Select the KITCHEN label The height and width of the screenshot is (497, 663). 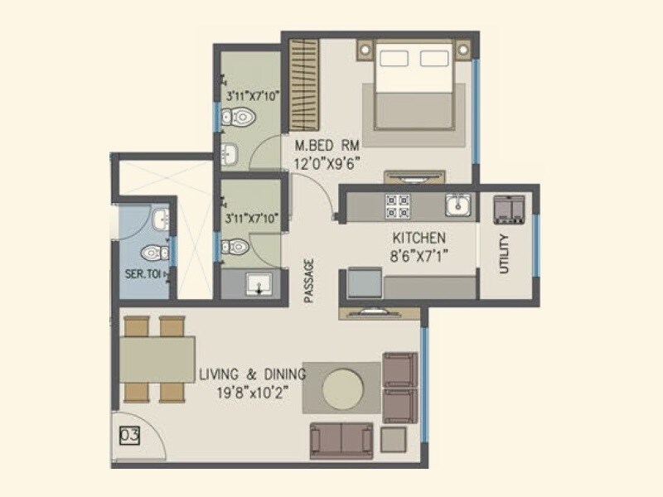click(419, 238)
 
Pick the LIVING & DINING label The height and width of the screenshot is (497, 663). click(252, 374)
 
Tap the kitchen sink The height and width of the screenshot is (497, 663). click(457, 205)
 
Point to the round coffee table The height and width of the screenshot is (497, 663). click(341, 388)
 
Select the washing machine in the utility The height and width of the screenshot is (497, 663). click(509, 209)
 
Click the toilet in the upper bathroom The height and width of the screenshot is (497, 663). click(240, 118)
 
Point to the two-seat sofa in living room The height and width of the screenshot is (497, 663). click(341, 440)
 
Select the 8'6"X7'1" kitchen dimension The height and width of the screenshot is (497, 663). click(419, 255)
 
